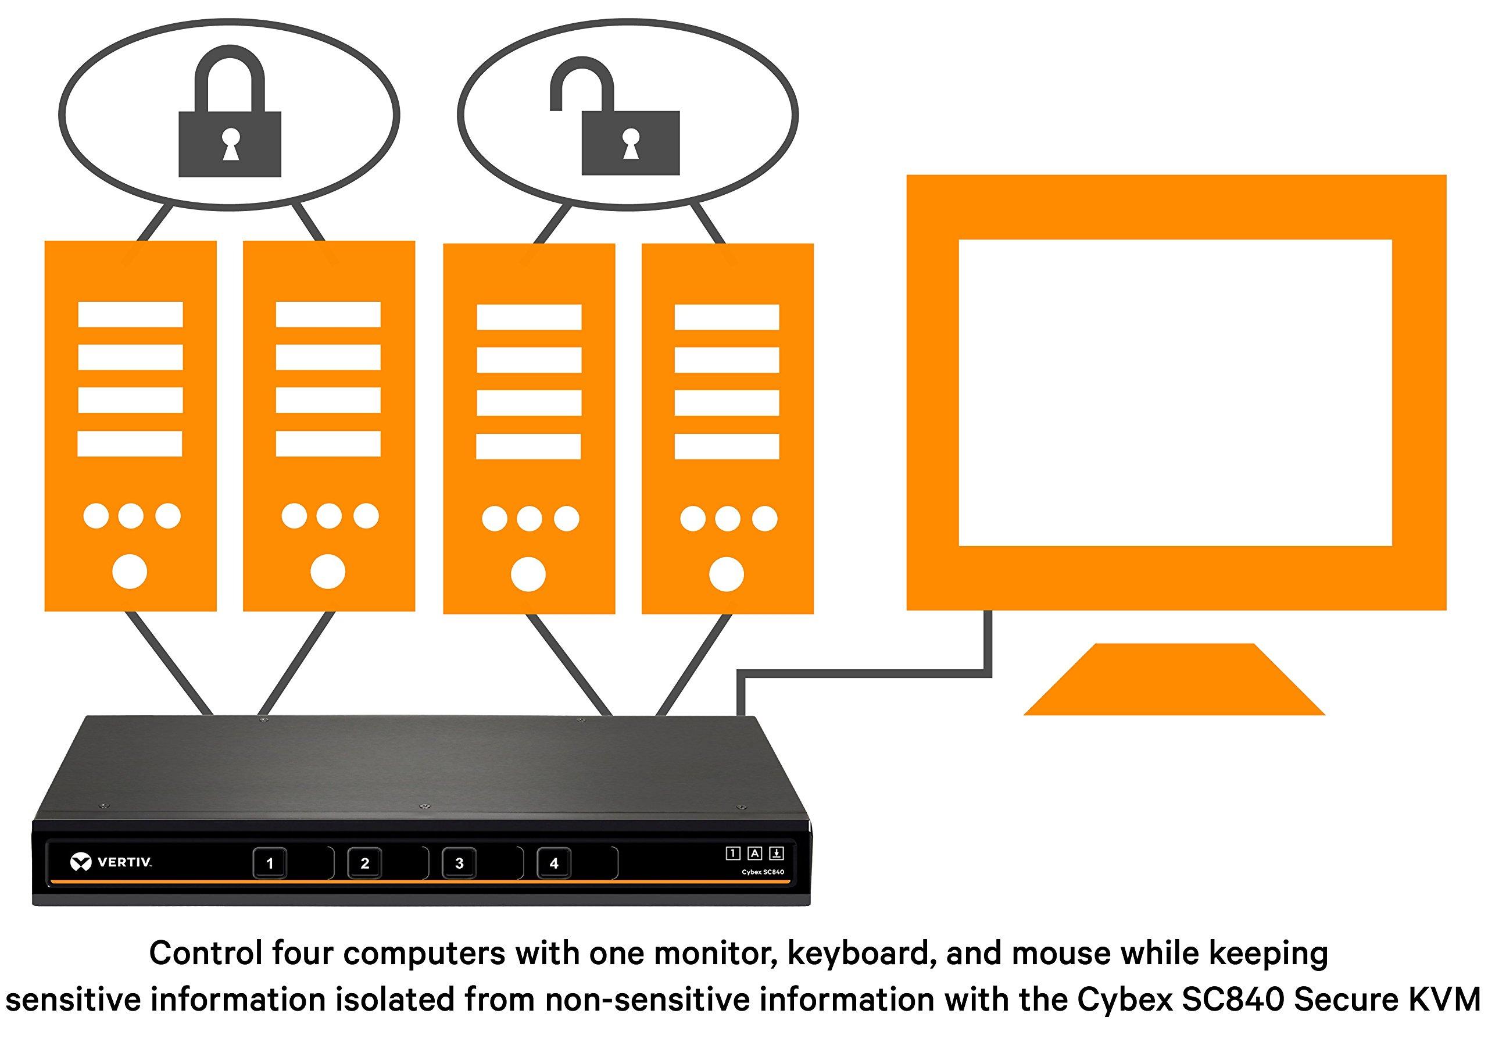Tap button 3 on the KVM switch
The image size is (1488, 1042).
459,863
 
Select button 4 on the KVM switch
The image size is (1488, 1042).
553,863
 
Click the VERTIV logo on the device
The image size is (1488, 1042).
111,862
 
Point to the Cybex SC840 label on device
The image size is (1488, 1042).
762,872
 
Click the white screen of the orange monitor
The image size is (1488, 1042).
1174,392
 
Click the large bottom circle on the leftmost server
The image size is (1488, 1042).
130,571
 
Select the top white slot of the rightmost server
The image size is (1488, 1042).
727,317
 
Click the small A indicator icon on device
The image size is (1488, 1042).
754,853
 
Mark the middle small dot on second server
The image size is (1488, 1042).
328,516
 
